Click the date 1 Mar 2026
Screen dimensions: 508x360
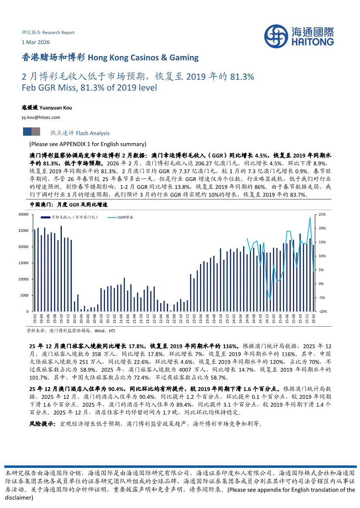coord(36,42)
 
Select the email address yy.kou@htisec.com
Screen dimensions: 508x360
coord(41,117)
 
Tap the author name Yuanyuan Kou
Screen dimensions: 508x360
coord(56,107)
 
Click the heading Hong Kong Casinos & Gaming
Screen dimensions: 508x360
coord(143,57)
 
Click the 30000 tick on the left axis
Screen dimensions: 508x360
coord(23,214)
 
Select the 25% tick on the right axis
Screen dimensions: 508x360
coord(322,214)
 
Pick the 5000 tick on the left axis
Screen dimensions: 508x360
coord(24,295)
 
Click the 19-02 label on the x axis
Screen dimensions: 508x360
coord(35,319)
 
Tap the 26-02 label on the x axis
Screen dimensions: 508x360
coord(313,319)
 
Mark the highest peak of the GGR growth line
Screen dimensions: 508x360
coord(310,217)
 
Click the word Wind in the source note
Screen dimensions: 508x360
coord(100,331)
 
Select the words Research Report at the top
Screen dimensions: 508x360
coord(58,33)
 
